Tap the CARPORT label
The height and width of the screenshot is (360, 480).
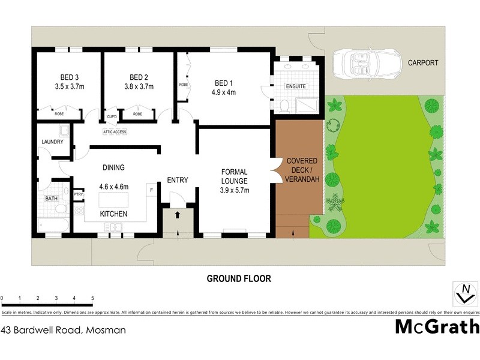pos(423,62)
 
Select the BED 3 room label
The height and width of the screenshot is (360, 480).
pos(69,77)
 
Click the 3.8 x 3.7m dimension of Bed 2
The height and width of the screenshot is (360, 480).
pos(139,86)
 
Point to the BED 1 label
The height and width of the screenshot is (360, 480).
pos(223,83)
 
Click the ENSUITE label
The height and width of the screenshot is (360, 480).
pos(296,86)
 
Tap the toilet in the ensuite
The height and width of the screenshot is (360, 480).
pos(285,106)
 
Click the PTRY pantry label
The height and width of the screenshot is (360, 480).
pos(78,194)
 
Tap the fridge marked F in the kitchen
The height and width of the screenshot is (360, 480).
pos(151,190)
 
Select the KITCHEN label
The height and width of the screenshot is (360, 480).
pos(114,214)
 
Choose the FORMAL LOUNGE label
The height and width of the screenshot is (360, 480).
pos(235,176)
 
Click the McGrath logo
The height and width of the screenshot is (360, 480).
pos(437,327)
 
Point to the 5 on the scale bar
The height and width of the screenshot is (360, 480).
pos(92,298)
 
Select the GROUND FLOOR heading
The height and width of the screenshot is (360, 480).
pos(239,278)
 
